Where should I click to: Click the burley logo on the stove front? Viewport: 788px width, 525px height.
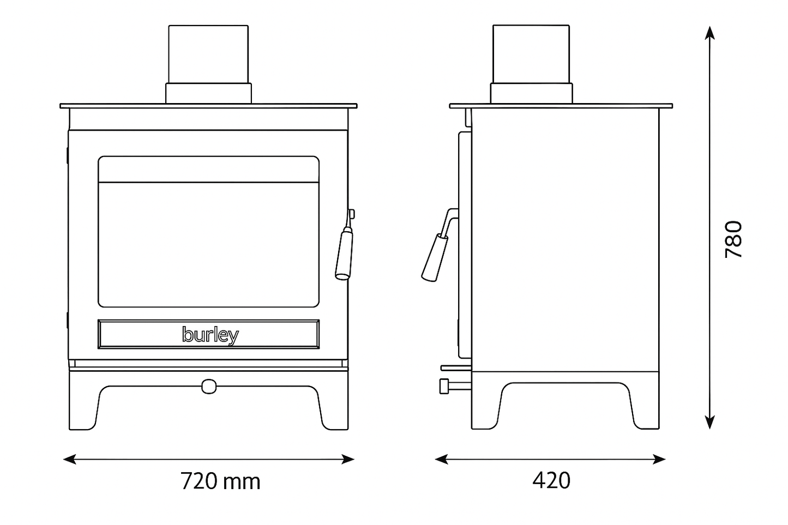point(210,335)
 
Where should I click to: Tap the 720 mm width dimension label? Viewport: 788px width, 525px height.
point(220,481)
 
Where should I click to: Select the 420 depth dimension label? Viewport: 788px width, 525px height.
point(551,480)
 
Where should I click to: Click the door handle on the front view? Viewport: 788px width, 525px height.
point(344,254)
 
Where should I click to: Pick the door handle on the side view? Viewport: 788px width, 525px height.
point(435,256)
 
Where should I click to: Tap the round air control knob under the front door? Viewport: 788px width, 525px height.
point(208,386)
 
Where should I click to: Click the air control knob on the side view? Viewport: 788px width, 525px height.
point(445,386)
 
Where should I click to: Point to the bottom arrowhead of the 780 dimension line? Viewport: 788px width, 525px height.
point(709,422)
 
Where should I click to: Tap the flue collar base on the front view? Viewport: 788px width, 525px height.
point(208,93)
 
